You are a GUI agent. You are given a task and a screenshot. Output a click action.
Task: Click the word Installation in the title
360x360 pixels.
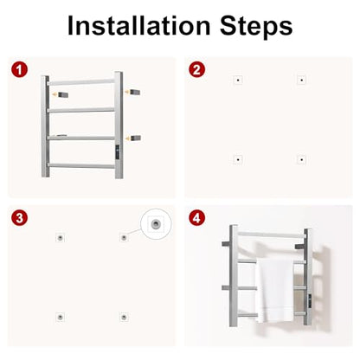[x=138, y=26]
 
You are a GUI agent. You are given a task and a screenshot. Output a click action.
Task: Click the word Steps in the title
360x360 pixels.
[x=256, y=26]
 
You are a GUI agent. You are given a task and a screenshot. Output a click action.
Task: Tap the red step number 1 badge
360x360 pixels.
[x=20, y=70]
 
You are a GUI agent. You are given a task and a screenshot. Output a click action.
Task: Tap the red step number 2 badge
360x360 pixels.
[x=196, y=70]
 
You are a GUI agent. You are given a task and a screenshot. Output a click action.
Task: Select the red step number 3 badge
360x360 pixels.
[x=20, y=218]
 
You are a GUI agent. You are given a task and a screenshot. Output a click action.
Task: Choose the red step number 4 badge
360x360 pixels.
[x=196, y=218]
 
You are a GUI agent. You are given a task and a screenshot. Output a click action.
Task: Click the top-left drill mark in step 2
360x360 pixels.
[x=238, y=80]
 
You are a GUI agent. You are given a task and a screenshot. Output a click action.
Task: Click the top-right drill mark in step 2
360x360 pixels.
[x=301, y=80]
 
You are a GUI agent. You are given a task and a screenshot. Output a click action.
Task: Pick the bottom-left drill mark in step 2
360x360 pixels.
[x=238, y=159]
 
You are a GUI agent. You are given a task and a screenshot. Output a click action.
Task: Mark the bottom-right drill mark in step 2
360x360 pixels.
[x=301, y=159]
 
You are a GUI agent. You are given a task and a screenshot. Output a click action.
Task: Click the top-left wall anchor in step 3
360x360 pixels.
[x=61, y=238]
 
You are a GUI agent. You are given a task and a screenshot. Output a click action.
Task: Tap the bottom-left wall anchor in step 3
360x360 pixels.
[x=61, y=317]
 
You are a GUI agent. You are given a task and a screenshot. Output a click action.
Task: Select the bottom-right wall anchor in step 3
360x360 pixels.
[x=124, y=317]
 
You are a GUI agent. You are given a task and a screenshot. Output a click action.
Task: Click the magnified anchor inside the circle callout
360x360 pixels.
[x=156, y=223]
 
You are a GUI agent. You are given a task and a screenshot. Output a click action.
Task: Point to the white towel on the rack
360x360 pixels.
[x=275, y=291]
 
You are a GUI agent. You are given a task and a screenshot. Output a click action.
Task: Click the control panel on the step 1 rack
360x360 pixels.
[x=118, y=152]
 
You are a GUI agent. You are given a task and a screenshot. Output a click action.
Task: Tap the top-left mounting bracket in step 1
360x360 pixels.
[x=63, y=94]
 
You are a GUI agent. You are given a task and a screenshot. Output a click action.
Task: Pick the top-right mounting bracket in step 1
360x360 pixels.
[x=135, y=92]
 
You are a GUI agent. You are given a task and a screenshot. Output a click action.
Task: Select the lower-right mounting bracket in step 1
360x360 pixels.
[x=136, y=138]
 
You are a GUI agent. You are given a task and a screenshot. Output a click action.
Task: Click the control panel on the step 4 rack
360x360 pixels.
[x=310, y=301]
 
